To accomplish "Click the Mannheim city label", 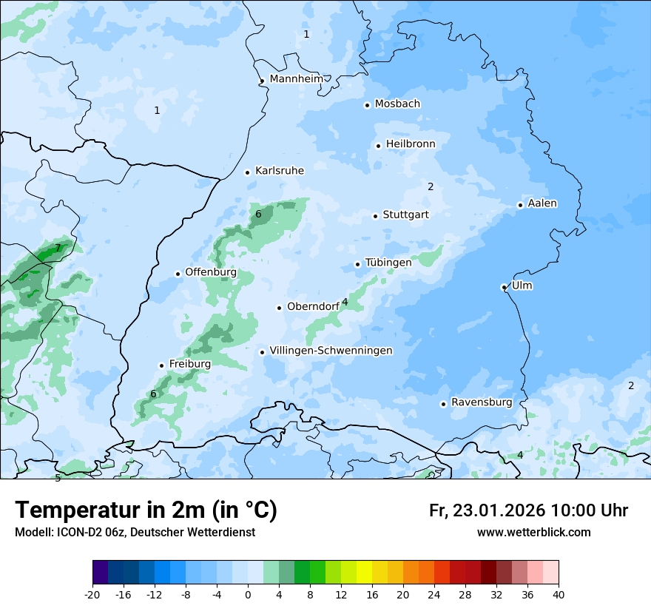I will (x=296, y=78).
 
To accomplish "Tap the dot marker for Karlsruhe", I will (x=248, y=172).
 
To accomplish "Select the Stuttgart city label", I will (x=405, y=215).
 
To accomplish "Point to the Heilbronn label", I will (x=411, y=144).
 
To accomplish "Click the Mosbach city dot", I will (x=367, y=105).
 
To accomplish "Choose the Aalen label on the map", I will (x=542, y=203).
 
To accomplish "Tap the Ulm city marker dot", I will (x=504, y=287).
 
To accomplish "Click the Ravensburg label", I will (x=482, y=402).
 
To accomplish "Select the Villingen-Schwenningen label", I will (x=331, y=350).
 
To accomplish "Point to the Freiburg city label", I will (x=189, y=364).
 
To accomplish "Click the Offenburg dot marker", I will (x=178, y=274).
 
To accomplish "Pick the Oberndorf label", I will (x=313, y=306).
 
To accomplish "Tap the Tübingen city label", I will (x=388, y=263).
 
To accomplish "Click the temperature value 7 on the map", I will (x=58, y=248).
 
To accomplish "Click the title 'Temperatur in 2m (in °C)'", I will (x=146, y=510).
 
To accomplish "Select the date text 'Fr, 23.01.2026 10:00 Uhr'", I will (x=528, y=510).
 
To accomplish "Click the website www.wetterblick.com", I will (x=533, y=532).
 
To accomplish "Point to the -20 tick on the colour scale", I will (x=92, y=595).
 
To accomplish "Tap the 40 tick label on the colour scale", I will (x=558, y=595).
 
